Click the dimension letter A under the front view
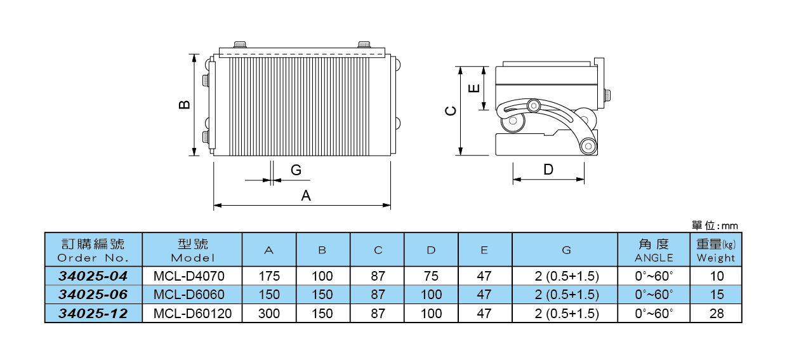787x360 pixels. [x=306, y=196]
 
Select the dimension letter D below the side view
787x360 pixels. [x=548, y=170]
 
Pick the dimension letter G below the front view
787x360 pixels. [x=296, y=170]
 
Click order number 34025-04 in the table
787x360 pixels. [x=93, y=276]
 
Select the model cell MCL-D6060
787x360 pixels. [x=188, y=295]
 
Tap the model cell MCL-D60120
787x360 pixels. [x=192, y=313]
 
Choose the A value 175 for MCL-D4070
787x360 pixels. [x=268, y=276]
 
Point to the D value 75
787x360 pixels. [x=431, y=276]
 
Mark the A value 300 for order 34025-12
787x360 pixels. [x=268, y=313]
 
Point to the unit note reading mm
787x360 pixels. [x=730, y=226]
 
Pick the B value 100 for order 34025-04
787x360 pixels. [x=322, y=276]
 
